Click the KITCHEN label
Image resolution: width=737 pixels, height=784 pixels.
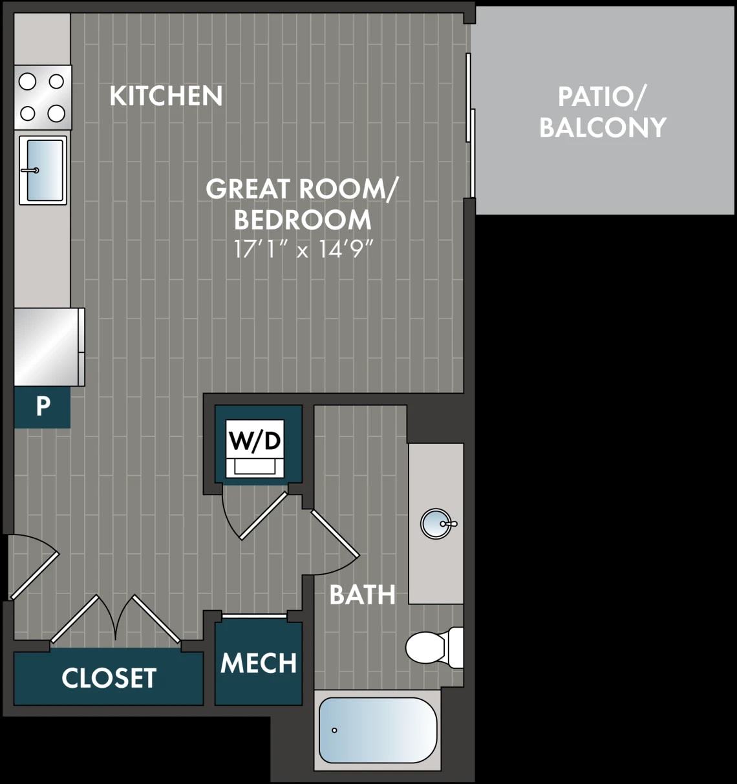(x=166, y=96)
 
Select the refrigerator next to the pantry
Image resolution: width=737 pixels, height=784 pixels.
(x=49, y=347)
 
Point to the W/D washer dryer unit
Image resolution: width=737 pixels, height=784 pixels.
(x=255, y=449)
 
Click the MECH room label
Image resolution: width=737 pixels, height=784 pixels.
(x=259, y=662)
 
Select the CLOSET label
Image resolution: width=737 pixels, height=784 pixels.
(x=109, y=678)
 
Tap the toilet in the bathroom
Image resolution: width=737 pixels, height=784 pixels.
(x=434, y=648)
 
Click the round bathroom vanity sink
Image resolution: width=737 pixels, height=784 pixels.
(x=436, y=524)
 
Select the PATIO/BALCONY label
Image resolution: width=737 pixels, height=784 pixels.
(x=603, y=112)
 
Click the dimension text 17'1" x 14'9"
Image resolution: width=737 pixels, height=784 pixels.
(x=303, y=249)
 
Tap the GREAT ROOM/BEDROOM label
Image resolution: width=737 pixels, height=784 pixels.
(x=301, y=204)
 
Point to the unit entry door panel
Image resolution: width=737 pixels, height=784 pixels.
(x=34, y=577)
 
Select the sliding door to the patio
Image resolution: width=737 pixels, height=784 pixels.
(x=470, y=125)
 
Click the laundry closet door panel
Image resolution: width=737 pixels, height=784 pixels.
(x=263, y=516)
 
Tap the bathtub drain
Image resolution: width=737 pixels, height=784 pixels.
(x=334, y=730)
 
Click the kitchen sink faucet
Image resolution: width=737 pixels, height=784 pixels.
(x=30, y=171)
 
